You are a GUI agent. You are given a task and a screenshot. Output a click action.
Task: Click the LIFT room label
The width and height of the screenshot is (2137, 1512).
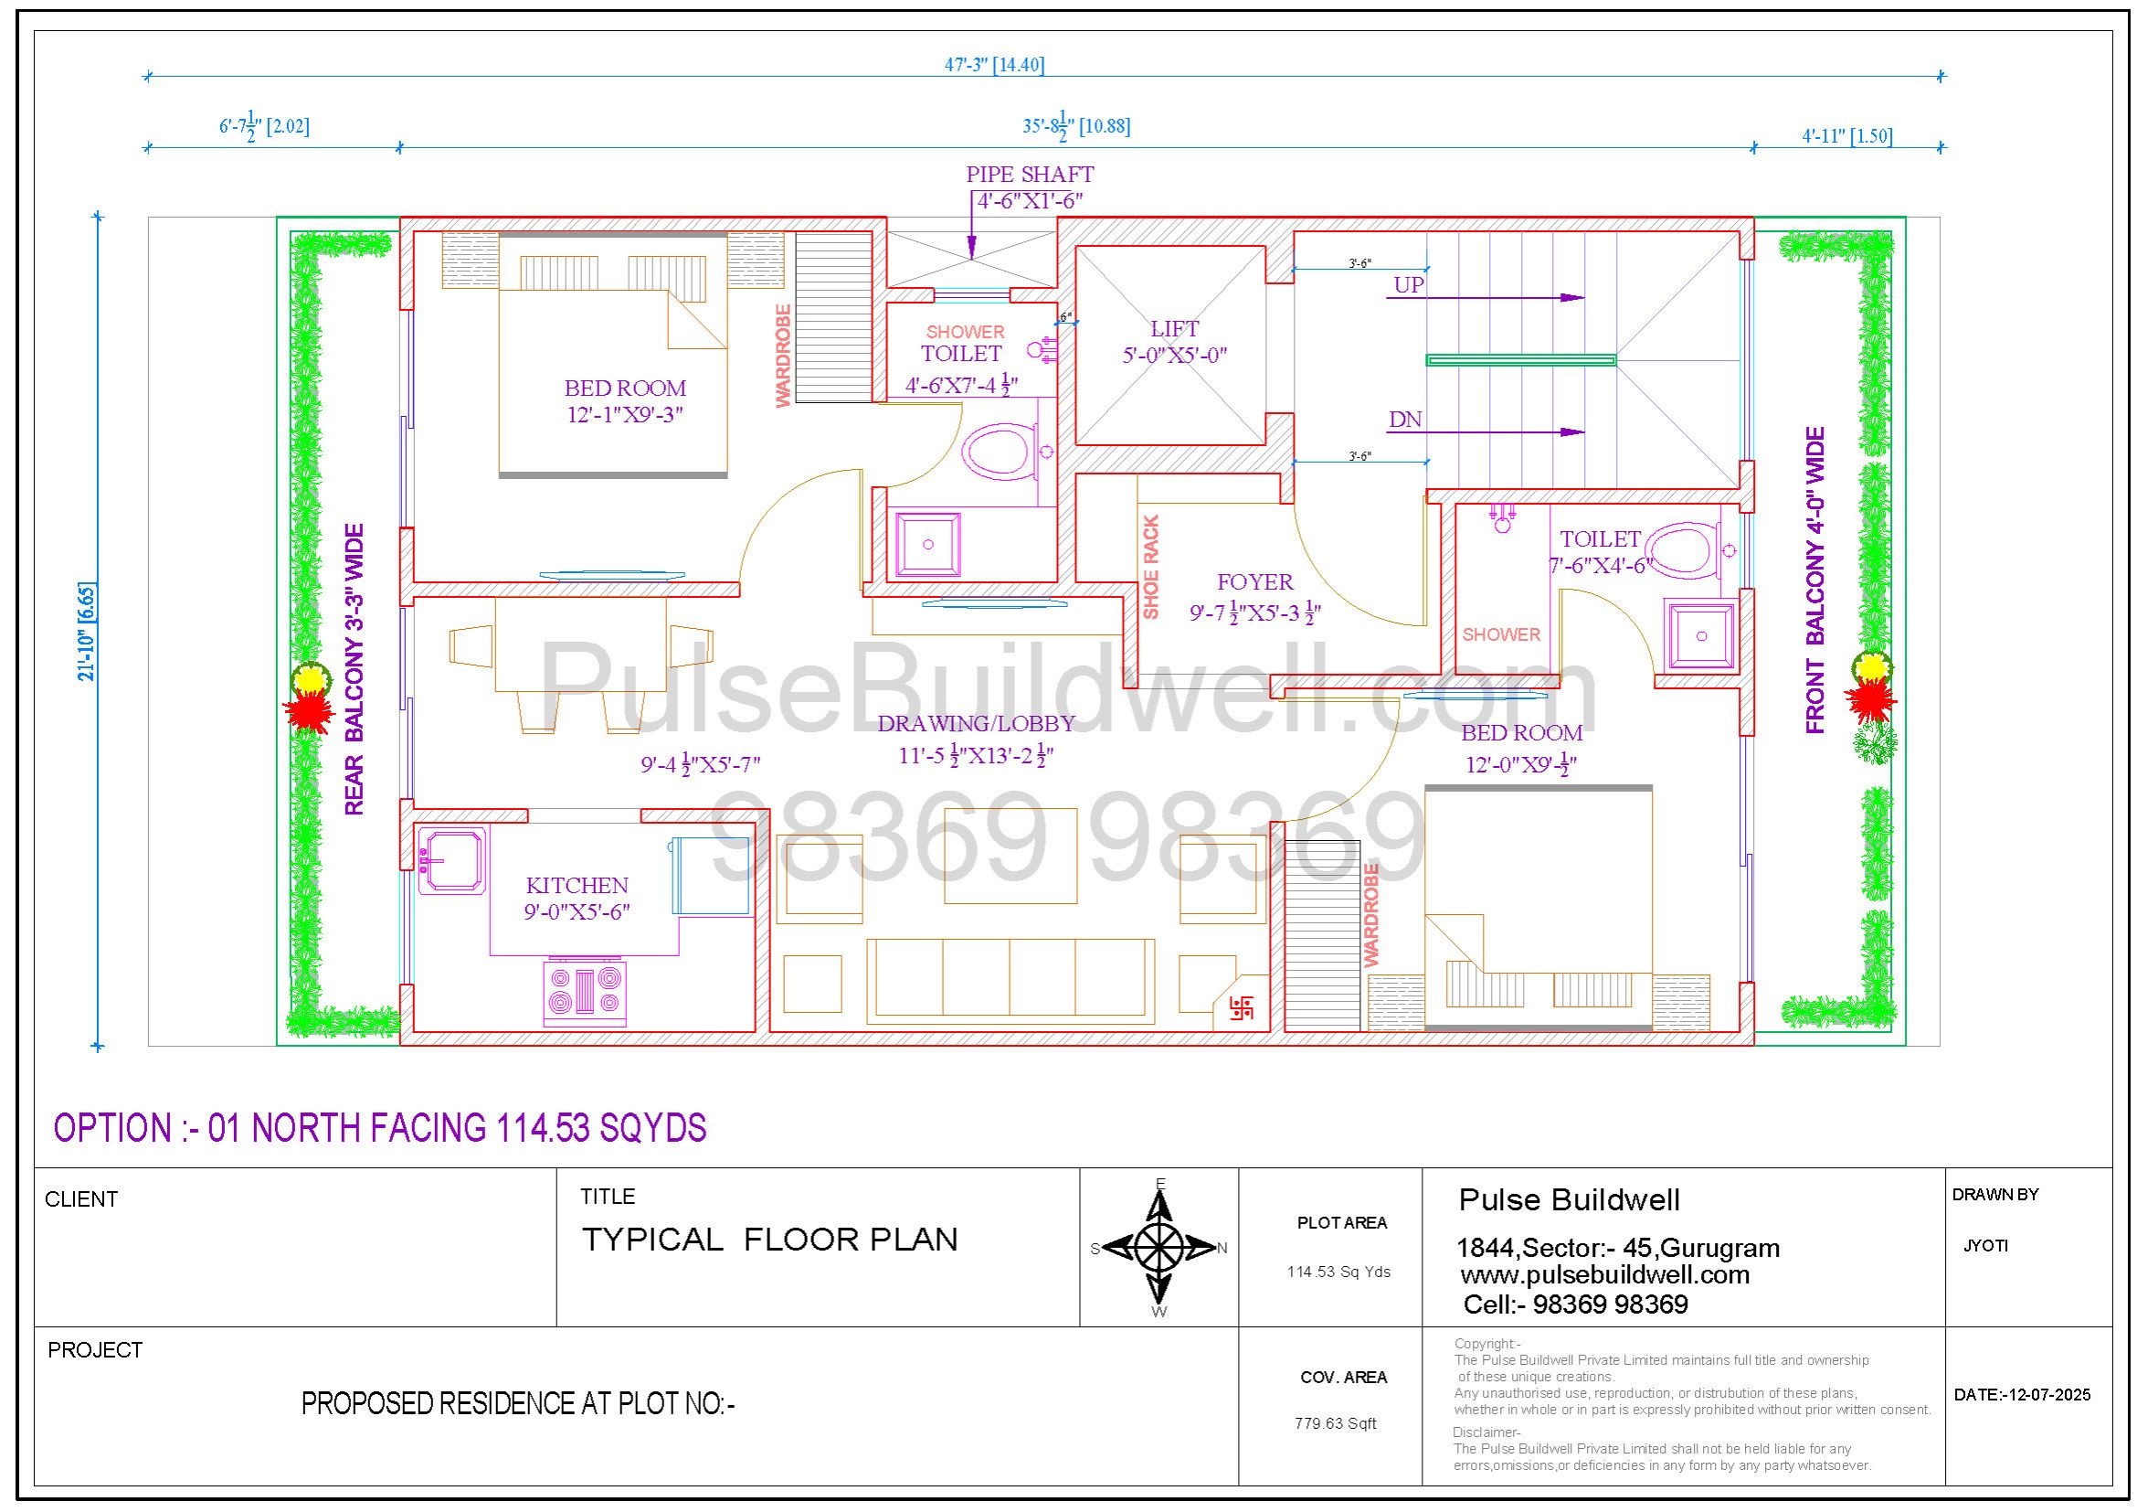pyautogui.click(x=1175, y=329)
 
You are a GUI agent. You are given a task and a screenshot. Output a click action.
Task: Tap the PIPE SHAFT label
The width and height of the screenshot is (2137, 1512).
pyautogui.click(x=1030, y=174)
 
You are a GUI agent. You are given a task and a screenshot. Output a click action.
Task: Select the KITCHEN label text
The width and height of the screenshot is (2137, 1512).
pyautogui.click(x=577, y=886)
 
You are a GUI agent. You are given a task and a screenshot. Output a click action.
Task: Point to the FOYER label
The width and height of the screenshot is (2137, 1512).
pyautogui.click(x=1254, y=582)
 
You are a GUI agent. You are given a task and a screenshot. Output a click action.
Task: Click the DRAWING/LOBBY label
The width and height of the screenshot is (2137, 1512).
pyautogui.click(x=977, y=723)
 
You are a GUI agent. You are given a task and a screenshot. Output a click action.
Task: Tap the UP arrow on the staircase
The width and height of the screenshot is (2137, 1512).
pyautogui.click(x=1485, y=298)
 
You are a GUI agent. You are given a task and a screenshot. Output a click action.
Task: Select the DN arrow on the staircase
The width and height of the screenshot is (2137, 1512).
pyautogui.click(x=1485, y=432)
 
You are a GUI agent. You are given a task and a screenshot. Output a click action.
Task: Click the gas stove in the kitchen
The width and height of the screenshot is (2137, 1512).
pyautogui.click(x=585, y=993)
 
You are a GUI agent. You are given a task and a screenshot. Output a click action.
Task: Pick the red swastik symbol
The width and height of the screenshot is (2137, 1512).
pyautogui.click(x=1242, y=1007)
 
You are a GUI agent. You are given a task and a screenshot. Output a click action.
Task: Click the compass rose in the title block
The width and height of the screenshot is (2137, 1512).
pyautogui.click(x=1158, y=1247)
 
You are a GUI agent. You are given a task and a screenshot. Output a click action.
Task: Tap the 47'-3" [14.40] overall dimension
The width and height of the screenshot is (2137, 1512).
pyautogui.click(x=994, y=64)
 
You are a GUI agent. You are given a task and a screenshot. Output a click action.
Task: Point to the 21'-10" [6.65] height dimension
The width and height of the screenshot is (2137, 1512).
pyautogui.click(x=87, y=632)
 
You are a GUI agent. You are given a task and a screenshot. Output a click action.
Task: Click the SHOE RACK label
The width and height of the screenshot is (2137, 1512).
pyautogui.click(x=1151, y=567)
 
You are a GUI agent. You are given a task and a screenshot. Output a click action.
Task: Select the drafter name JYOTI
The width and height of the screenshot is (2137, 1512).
pyautogui.click(x=1986, y=1246)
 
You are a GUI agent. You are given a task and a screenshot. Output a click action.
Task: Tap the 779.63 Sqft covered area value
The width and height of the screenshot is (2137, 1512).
pyautogui.click(x=1336, y=1422)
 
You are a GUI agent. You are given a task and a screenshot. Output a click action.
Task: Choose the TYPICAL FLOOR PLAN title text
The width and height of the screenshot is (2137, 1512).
pyautogui.click(x=769, y=1240)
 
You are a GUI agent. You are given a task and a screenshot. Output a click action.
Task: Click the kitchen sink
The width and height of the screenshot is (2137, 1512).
pyautogui.click(x=452, y=860)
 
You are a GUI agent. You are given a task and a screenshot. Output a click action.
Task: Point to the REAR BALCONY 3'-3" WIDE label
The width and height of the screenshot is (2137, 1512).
pyautogui.click(x=354, y=669)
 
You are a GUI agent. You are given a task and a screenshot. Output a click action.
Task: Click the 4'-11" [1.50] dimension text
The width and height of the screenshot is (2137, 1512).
pyautogui.click(x=1846, y=136)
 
